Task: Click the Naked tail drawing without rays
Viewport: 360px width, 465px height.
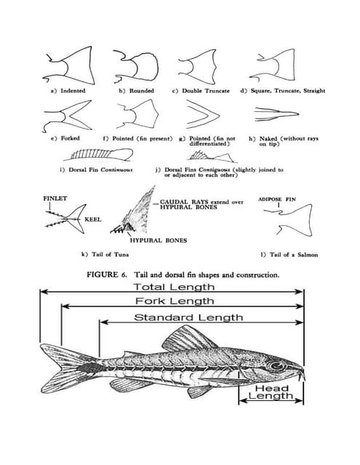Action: tap(276, 113)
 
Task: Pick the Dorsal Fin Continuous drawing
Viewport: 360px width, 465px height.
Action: tap(101, 154)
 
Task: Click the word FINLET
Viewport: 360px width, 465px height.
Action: tap(55, 198)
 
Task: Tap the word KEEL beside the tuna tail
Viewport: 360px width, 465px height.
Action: tap(93, 219)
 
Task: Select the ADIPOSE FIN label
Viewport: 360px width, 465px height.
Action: tap(277, 199)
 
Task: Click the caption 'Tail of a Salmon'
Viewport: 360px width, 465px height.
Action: tap(289, 255)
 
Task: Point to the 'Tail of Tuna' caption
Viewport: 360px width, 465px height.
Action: tap(105, 254)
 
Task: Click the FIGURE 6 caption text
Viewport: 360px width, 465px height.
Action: tap(183, 275)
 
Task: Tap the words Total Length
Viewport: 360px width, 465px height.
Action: tap(174, 287)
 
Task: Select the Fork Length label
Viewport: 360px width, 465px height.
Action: tap(175, 301)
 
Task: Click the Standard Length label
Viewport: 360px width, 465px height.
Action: tap(188, 318)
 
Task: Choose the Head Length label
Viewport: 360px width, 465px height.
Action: tap(271, 392)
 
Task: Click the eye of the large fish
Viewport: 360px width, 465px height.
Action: tap(277, 366)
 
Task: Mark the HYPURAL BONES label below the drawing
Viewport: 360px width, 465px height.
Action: tap(159, 240)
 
